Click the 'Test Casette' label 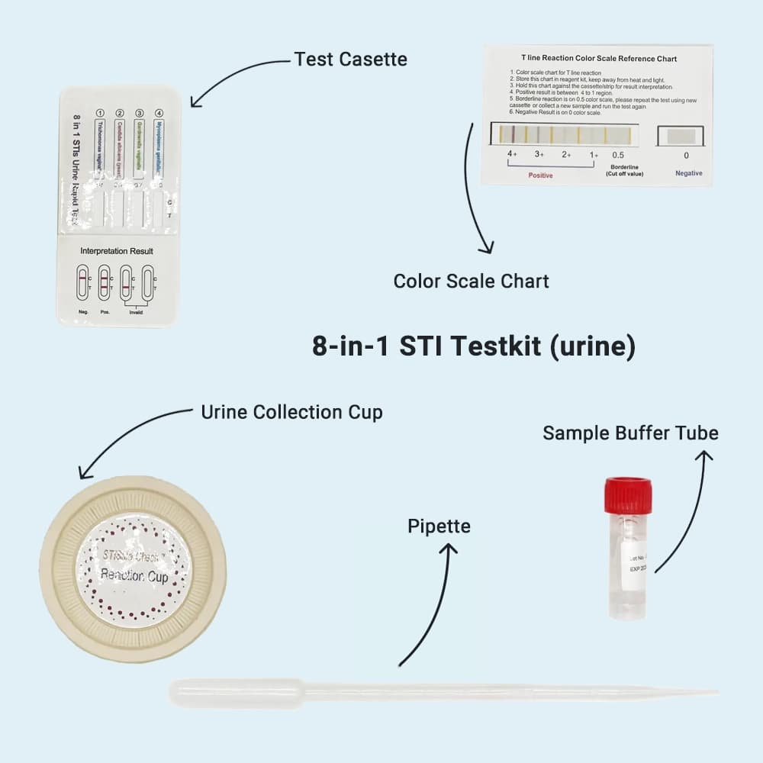coord(350,60)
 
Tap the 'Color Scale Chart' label coord(471,281)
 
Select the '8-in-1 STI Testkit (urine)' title coord(474,346)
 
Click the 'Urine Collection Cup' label coord(291,413)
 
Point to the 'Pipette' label coord(439,526)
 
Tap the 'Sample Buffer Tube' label coord(630,433)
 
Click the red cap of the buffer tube coord(628,495)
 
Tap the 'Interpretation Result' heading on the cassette coord(117,251)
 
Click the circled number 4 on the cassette coord(159,114)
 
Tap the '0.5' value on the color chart coord(618,155)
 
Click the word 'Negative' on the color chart coord(689,174)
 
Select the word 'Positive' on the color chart coord(540,175)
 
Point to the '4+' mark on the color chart coord(512,154)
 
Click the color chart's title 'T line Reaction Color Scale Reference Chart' coord(598,59)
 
